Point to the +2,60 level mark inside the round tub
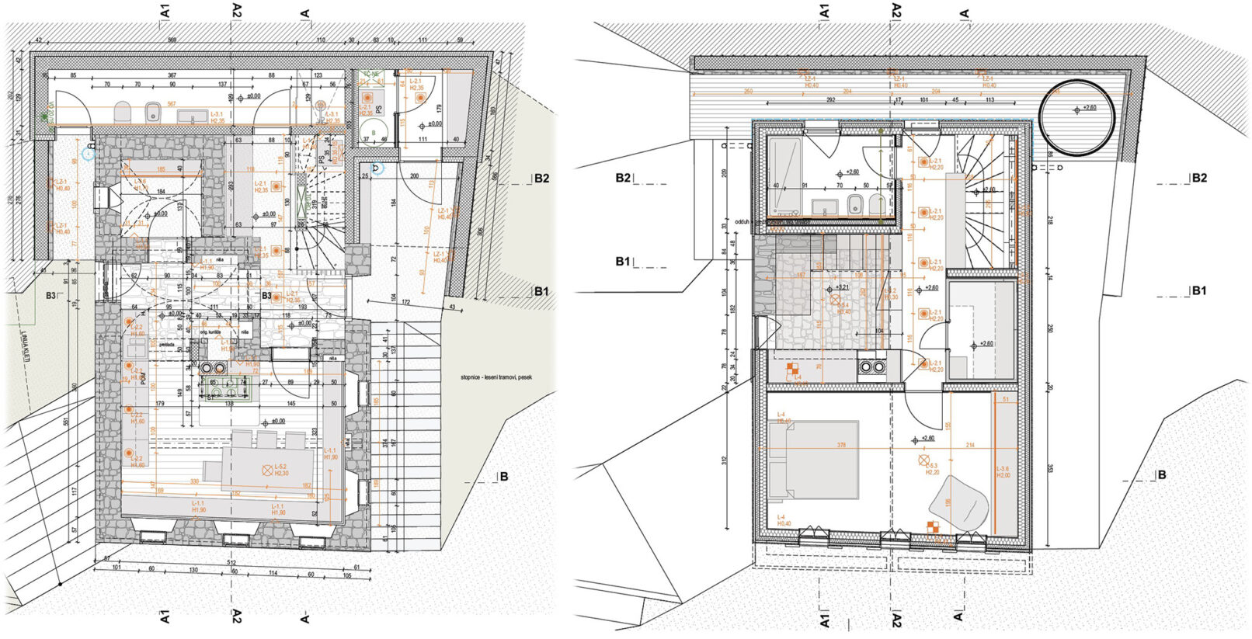[x=1086, y=108]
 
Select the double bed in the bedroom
[x=822, y=459]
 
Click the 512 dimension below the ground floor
[x=231, y=563]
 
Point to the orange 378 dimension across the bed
[x=840, y=446]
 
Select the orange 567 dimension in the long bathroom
[x=172, y=104]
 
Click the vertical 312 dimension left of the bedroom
[x=725, y=460]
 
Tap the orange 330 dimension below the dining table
[x=194, y=481]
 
